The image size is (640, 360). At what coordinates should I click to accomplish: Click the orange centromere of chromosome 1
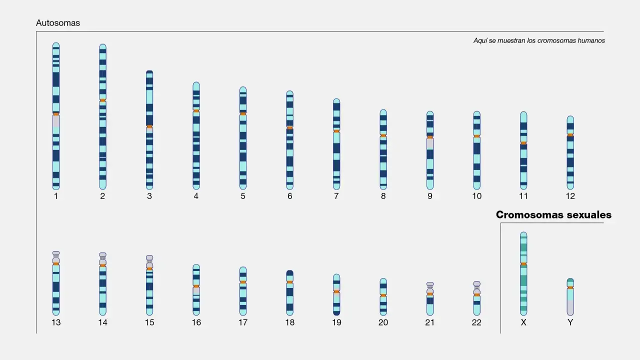(x=56, y=114)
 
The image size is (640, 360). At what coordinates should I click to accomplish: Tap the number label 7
(x=336, y=196)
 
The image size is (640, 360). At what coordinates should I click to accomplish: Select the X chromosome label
(x=523, y=322)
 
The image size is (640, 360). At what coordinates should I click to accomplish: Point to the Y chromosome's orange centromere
(x=570, y=287)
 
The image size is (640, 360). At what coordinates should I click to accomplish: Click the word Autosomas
(x=58, y=23)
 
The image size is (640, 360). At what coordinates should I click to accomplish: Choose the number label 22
(x=476, y=322)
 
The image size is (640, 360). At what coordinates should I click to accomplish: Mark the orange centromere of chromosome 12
(x=570, y=135)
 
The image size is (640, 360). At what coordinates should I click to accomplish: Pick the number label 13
(x=56, y=322)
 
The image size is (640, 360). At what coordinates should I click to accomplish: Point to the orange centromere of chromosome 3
(x=149, y=126)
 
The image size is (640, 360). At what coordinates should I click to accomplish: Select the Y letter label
(x=570, y=322)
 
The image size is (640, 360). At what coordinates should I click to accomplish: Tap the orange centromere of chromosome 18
(x=289, y=282)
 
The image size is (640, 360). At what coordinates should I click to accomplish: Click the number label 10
(x=476, y=196)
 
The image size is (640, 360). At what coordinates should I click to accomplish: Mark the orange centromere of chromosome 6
(x=289, y=127)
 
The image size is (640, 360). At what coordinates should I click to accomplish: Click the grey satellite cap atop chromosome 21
(x=430, y=284)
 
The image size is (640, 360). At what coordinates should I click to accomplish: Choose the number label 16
(x=196, y=322)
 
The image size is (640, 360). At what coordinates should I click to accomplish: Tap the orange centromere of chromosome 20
(x=383, y=295)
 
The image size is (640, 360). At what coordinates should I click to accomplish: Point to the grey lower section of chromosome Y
(x=570, y=307)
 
